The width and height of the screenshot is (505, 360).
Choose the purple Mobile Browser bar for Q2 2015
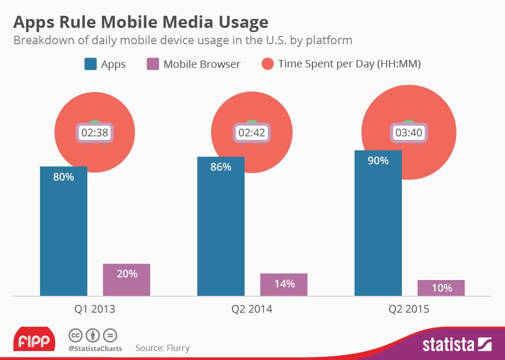coord(441,288)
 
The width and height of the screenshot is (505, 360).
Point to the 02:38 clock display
coord(95,133)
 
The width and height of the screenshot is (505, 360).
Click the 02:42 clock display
coord(252,133)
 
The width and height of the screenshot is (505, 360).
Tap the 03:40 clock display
coord(409,133)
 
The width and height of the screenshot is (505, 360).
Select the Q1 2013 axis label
coord(95,309)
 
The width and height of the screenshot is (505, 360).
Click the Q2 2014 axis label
coord(252,309)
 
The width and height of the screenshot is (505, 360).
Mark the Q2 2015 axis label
coord(409,309)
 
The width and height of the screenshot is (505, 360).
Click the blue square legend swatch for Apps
coord(90,64)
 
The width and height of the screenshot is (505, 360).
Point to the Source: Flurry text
coord(163,348)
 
